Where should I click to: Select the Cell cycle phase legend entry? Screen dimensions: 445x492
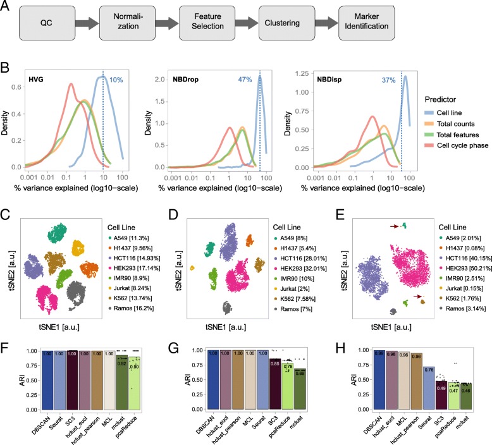click(455, 166)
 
